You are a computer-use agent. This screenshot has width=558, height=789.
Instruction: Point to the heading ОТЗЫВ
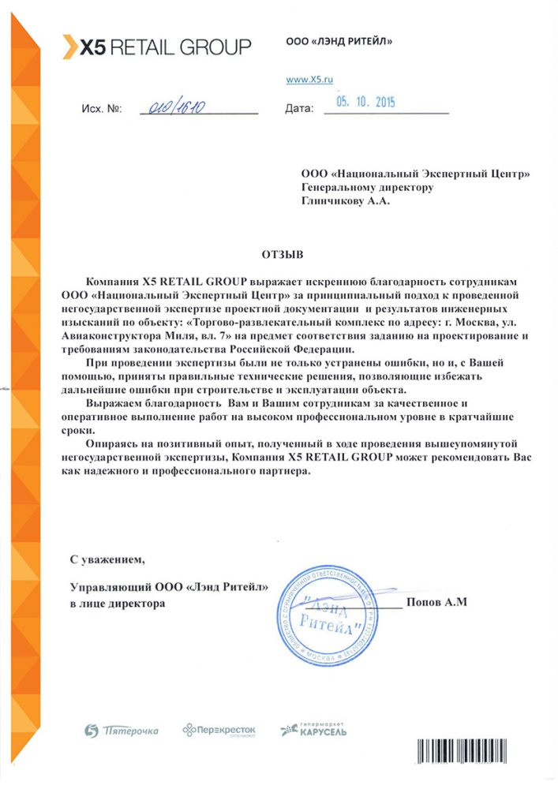click(x=282, y=255)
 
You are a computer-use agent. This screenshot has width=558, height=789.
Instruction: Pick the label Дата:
click(x=300, y=110)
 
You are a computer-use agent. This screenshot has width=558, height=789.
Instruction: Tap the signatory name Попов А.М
click(x=436, y=603)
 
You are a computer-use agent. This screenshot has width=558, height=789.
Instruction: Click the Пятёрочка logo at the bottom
click(x=121, y=732)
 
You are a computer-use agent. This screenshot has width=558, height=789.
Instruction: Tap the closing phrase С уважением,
click(x=108, y=560)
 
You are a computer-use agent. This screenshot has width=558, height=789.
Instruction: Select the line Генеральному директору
click(x=368, y=187)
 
